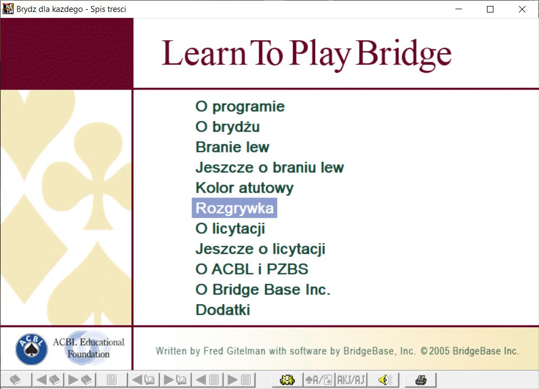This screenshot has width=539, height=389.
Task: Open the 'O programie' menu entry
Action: pos(240,107)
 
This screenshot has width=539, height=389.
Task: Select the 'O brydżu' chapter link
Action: pos(228,126)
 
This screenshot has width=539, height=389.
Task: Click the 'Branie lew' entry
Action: pos(233,147)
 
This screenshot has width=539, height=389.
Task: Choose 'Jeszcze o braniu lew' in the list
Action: pos(270,168)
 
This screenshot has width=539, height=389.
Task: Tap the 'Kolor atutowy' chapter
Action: pos(245,188)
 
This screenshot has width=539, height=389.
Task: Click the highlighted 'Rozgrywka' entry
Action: pos(234,208)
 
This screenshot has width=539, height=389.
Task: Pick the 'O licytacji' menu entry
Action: pos(230,229)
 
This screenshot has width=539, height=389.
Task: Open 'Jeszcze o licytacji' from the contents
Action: pos(261,249)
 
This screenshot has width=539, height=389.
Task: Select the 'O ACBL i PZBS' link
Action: pos(252,269)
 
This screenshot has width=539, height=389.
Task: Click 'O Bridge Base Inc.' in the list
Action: pos(263,290)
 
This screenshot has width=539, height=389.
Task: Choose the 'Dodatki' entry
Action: pos(223,310)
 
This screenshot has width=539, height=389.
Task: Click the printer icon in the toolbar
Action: pos(421,380)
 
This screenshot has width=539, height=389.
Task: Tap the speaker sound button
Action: pos(386,380)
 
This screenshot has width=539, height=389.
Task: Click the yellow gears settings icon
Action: pos(287,380)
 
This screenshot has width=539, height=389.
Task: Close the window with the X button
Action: pos(522,9)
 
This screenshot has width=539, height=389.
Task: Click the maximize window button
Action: pos(490,9)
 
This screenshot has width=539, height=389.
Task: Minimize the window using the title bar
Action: pos(459,9)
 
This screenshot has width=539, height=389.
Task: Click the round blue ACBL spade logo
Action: pos(31,349)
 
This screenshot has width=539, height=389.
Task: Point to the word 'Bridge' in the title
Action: pos(404,54)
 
